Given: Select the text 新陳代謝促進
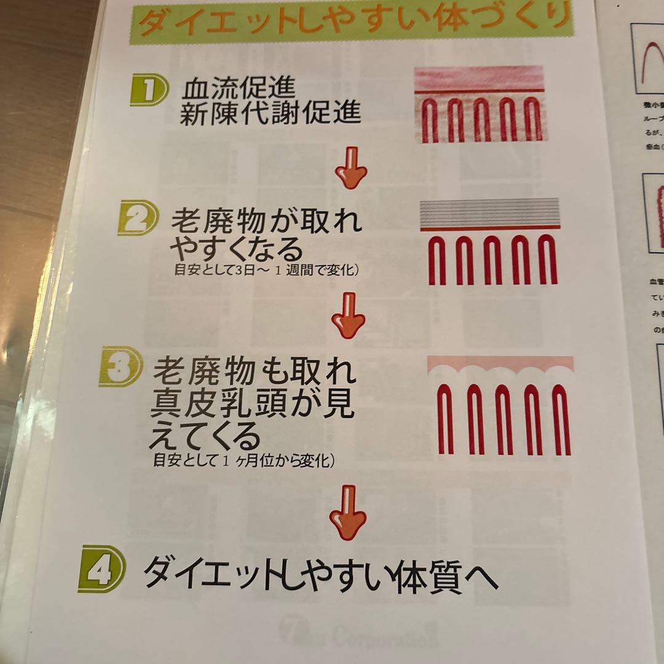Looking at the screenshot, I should click(x=270, y=114).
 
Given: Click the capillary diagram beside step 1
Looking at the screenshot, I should click(x=478, y=105).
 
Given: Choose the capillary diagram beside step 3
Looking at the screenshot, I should click(x=501, y=406).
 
